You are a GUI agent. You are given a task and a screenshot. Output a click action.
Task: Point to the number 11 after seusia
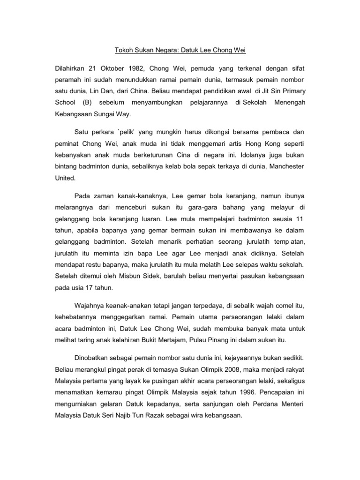click(x=300, y=219)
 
